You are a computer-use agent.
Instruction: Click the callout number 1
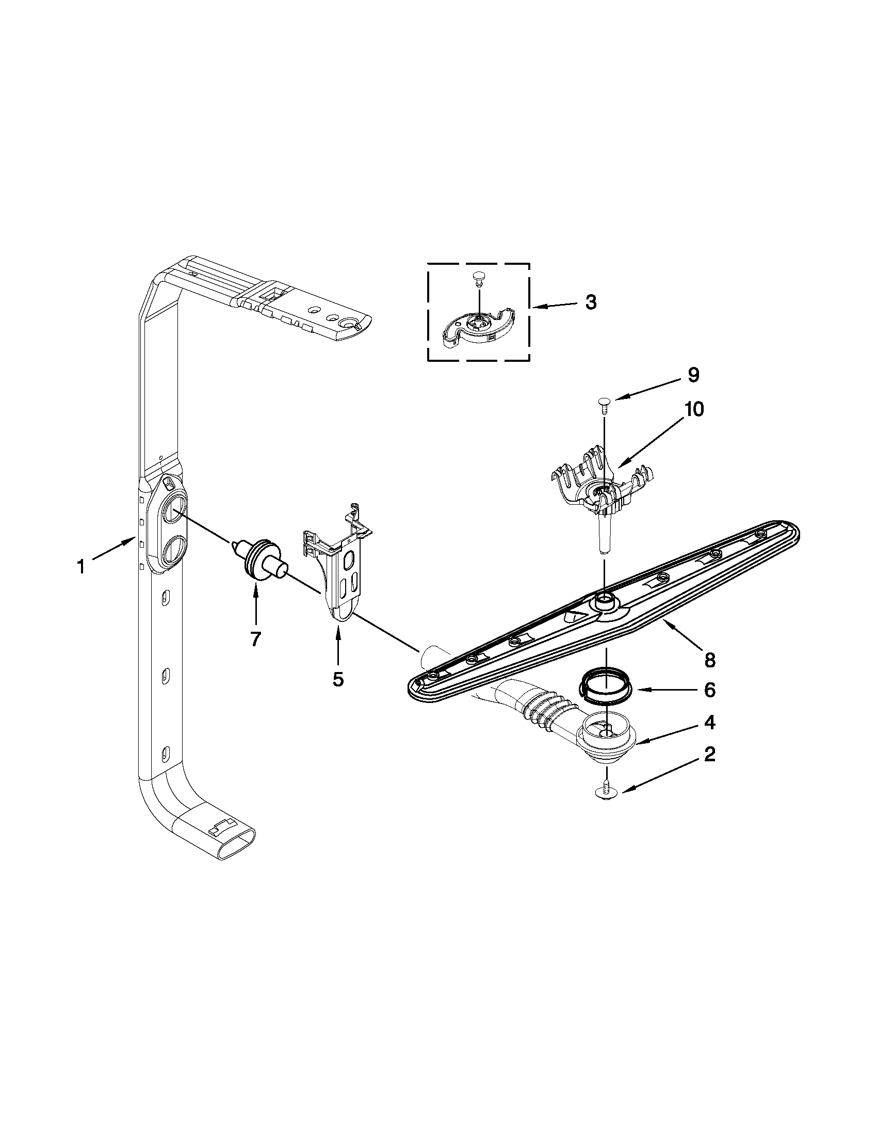80,566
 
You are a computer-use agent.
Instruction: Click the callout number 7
255,639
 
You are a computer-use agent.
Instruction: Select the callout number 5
338,678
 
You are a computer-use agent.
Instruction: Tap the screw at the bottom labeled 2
605,804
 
